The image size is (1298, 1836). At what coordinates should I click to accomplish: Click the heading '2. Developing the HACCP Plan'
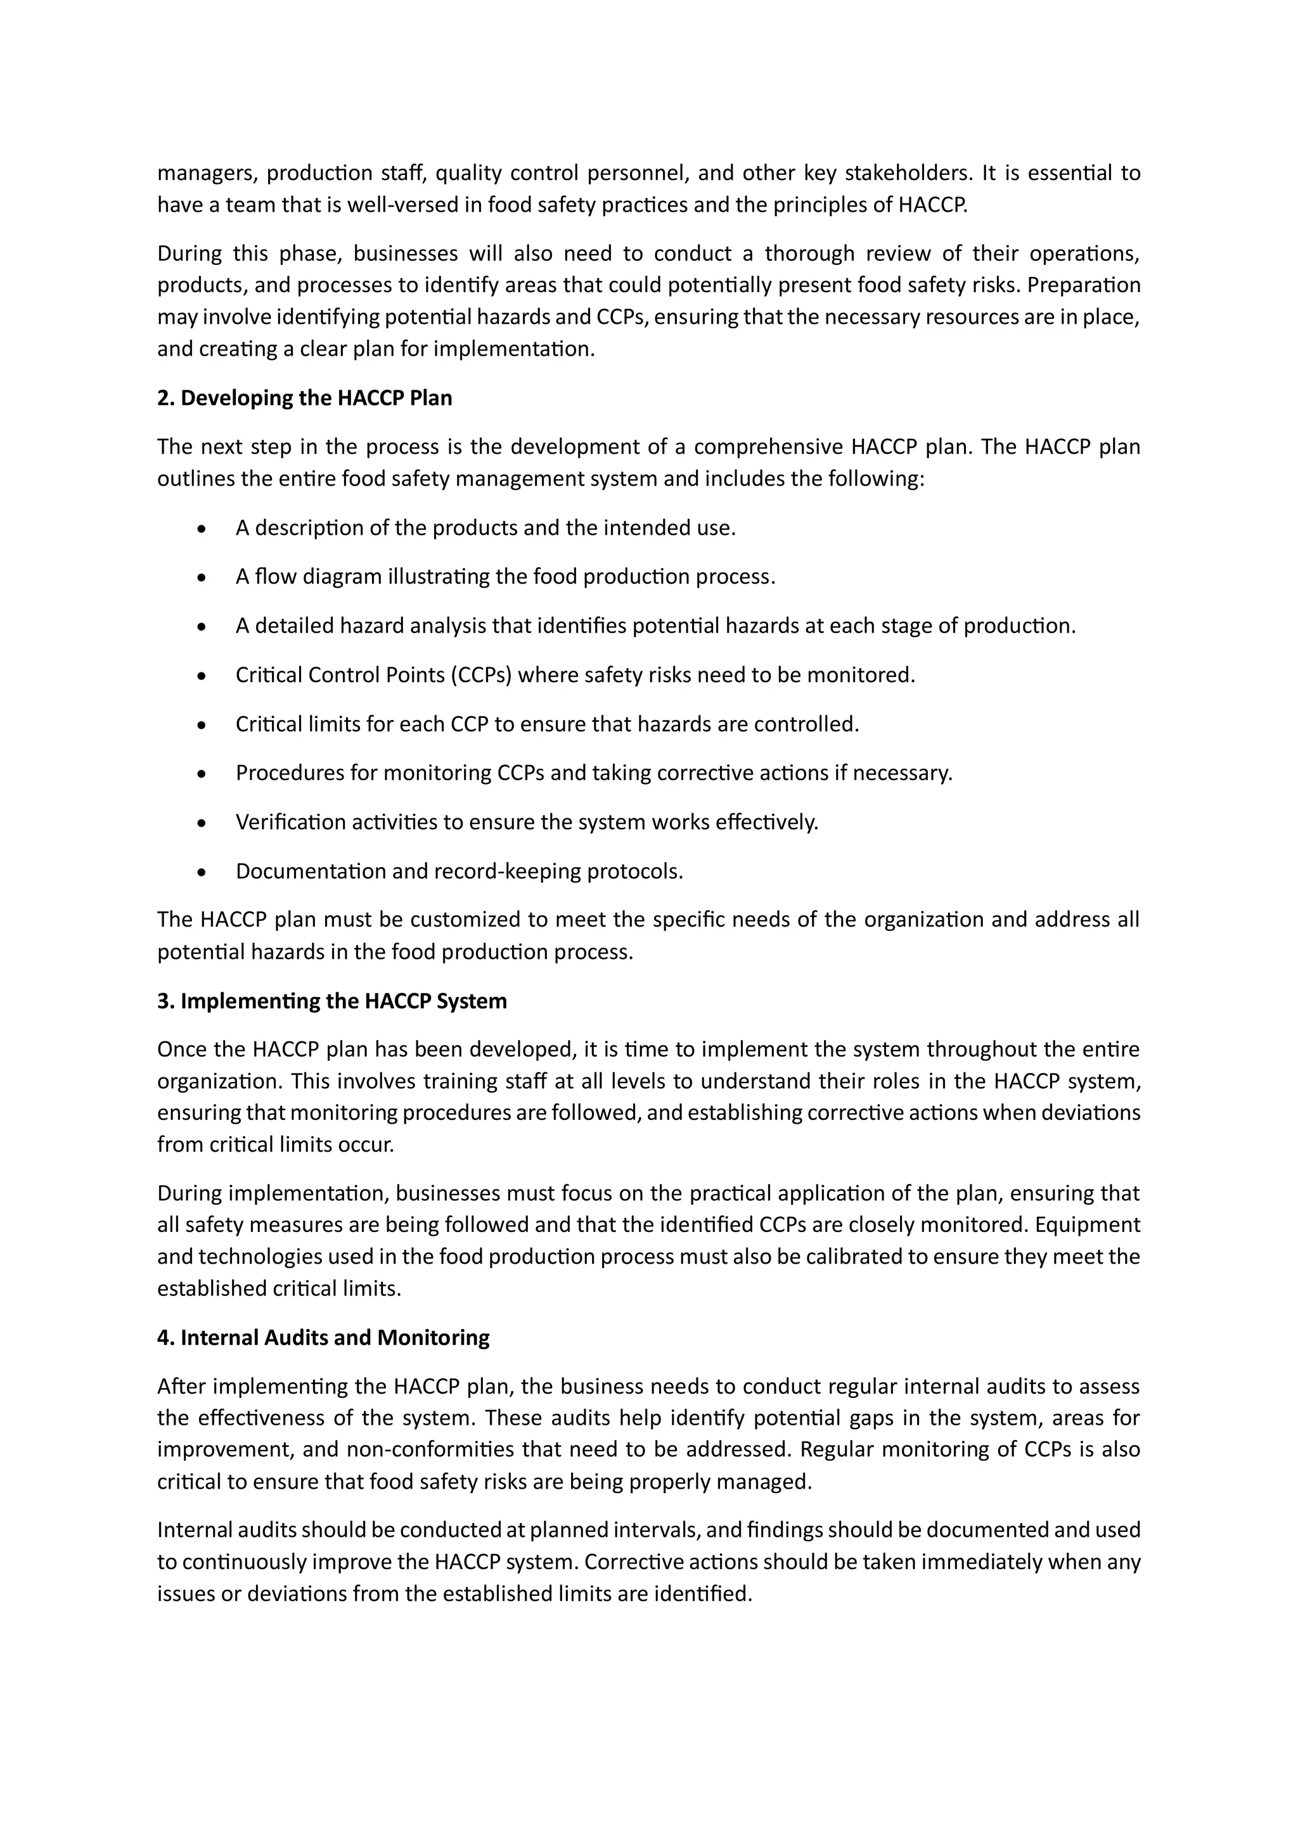coord(304,398)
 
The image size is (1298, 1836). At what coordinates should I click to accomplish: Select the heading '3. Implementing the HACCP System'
coord(332,1001)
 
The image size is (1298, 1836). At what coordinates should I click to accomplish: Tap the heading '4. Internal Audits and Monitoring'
coord(323,1338)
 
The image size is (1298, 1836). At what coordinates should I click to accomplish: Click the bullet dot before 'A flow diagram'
coord(202,577)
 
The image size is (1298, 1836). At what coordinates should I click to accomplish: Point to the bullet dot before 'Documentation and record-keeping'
coord(202,871)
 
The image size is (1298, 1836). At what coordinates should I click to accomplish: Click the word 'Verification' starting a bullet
coord(290,823)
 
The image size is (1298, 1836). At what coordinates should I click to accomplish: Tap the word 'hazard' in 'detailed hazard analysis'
coord(372,626)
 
